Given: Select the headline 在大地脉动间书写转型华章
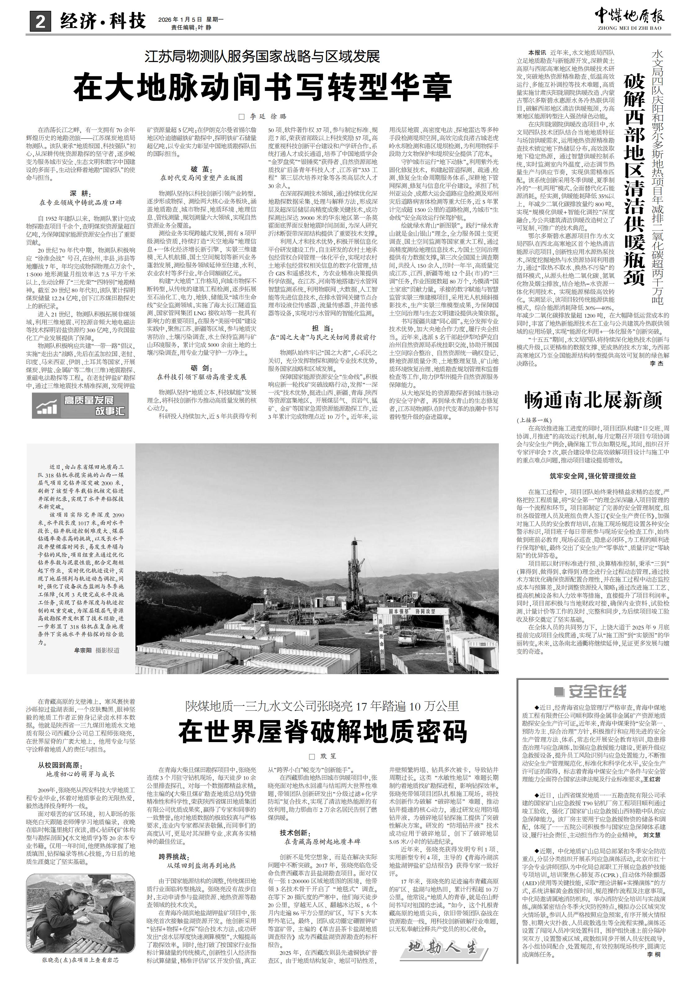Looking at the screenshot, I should coord(263,87).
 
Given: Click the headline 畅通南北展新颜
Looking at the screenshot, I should coord(593,400).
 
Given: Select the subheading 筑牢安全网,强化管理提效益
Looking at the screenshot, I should coord(593,476).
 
